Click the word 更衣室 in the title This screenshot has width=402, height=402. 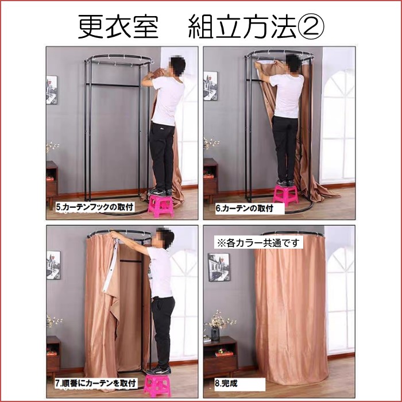[118, 26]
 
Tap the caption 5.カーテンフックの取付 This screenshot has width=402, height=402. [95, 207]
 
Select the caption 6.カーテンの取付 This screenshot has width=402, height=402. [244, 208]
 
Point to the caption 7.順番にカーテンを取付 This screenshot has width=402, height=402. [95, 384]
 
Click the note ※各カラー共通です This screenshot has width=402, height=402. [258, 242]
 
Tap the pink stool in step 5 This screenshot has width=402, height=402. [161, 206]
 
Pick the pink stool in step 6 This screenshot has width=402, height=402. [285, 195]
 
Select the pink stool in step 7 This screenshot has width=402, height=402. [157, 385]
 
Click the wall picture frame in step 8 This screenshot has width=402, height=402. [218, 267]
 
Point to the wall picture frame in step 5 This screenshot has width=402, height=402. [52, 90]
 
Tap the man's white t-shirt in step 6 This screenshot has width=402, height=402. [287, 96]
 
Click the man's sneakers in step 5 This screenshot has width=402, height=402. [160, 192]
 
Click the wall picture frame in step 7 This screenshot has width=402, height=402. [53, 265]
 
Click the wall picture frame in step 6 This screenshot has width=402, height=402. [211, 86]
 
